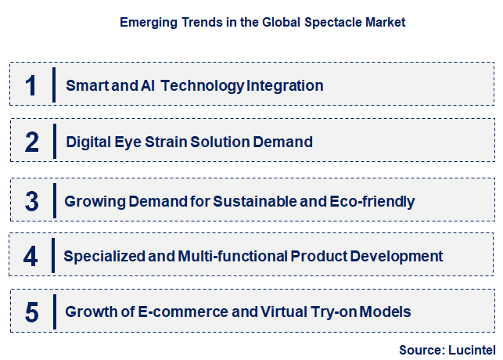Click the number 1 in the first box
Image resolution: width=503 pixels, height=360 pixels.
31,85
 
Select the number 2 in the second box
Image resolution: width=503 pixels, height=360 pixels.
31,142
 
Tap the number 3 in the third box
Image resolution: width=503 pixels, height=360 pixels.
31,201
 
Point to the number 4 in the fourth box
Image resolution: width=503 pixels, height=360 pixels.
31,256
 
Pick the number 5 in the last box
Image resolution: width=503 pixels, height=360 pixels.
31,312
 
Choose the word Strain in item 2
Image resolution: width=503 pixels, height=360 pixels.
172,142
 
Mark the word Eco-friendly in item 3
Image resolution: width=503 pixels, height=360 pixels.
373,201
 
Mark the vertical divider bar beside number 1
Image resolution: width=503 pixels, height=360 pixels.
54,85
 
